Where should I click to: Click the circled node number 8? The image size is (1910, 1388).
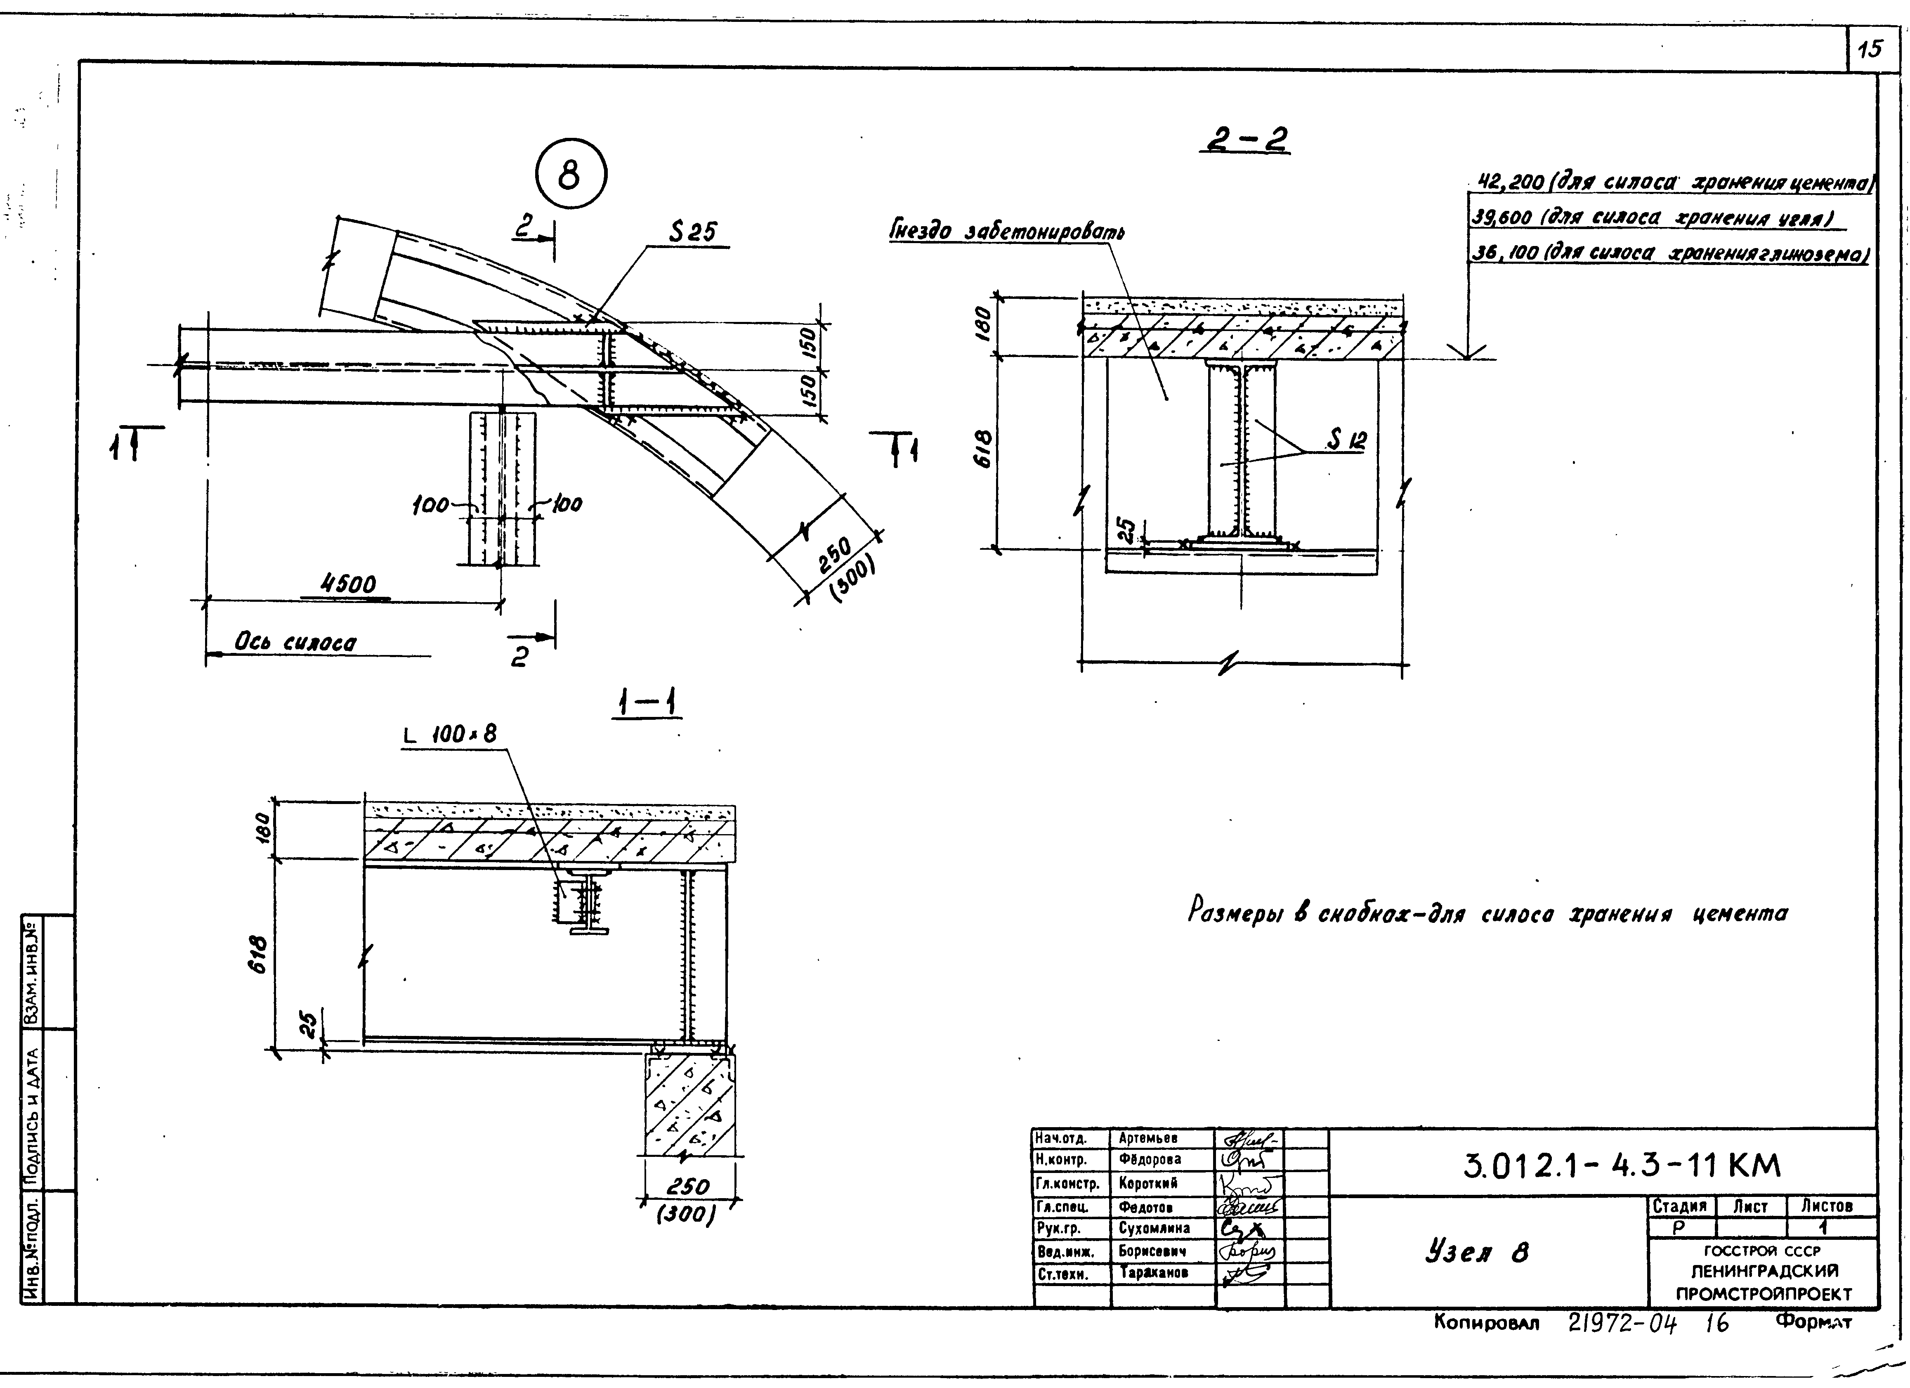[x=570, y=176]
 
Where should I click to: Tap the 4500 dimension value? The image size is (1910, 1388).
[x=349, y=584]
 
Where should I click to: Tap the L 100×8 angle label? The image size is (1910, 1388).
[x=450, y=734]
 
